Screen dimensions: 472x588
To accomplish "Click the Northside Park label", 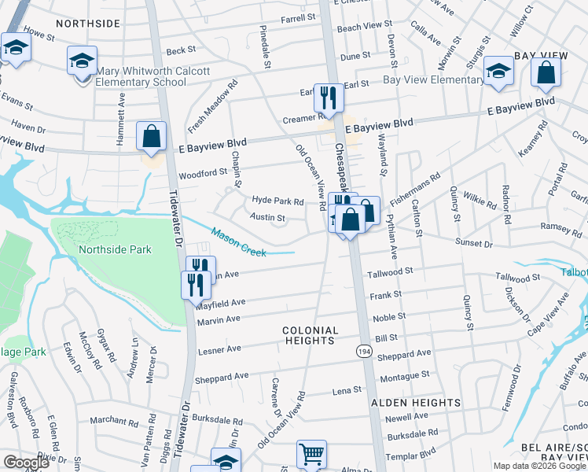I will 115,249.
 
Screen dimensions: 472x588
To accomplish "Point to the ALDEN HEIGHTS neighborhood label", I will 415,403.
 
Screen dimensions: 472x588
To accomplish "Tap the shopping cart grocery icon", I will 311,454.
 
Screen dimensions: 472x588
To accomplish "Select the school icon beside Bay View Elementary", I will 498,72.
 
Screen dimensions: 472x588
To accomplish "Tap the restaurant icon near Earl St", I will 329,98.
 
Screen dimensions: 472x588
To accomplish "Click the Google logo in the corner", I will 26,463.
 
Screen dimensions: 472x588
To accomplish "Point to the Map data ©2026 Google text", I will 539,466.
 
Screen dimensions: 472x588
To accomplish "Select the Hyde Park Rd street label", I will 277,201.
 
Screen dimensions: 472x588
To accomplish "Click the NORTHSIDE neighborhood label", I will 87,24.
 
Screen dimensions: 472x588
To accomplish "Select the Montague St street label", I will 403,377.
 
